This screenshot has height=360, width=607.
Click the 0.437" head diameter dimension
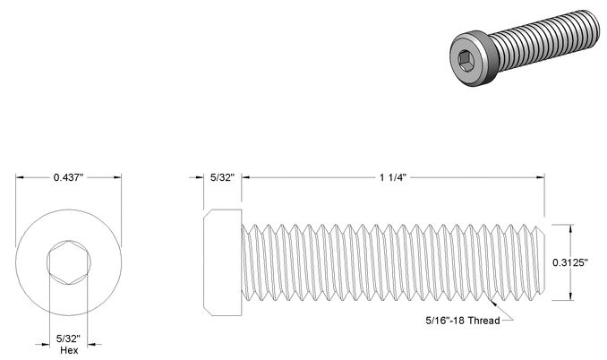tap(69, 177)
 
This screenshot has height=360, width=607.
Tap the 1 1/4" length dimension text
tap(392, 177)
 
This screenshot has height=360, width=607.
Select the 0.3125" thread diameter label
tap(569, 262)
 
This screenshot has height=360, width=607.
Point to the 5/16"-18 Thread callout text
tap(463, 321)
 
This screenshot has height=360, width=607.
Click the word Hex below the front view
tap(69, 350)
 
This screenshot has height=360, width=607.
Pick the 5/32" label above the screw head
tap(223, 177)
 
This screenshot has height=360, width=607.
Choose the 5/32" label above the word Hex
tap(68, 339)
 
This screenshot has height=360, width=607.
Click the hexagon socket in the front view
tap(69, 262)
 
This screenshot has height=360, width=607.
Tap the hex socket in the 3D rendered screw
tap(466, 61)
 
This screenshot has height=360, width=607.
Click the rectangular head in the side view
tap(223, 262)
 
